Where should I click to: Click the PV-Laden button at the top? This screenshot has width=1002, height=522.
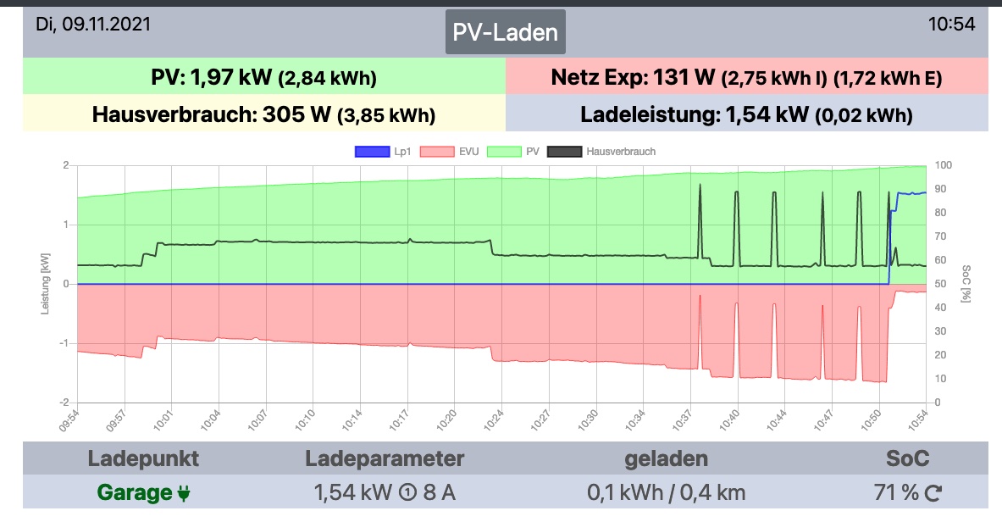click(506, 32)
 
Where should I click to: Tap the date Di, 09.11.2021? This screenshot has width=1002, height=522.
click(93, 24)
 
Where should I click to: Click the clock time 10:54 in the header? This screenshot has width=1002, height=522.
click(951, 24)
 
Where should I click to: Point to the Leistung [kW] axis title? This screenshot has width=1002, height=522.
click(47, 284)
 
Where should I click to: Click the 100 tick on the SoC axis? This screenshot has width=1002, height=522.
click(943, 165)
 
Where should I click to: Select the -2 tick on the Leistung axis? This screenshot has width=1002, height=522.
click(64, 403)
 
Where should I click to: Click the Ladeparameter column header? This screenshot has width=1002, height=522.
click(385, 458)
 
